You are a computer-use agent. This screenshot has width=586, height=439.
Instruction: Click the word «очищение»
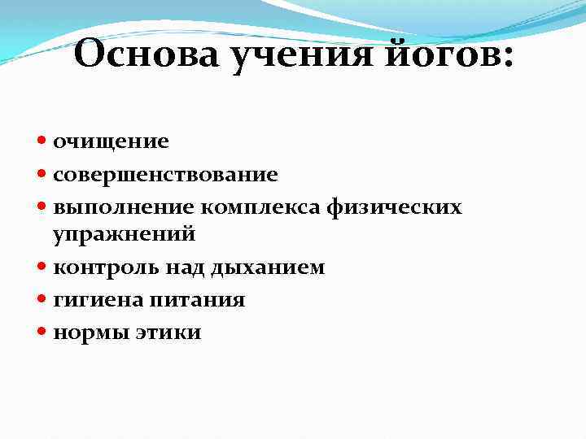[x=112, y=141]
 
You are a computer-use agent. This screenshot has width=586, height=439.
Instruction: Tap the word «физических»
[x=394, y=208]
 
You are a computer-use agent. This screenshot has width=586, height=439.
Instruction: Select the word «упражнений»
[x=125, y=235]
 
